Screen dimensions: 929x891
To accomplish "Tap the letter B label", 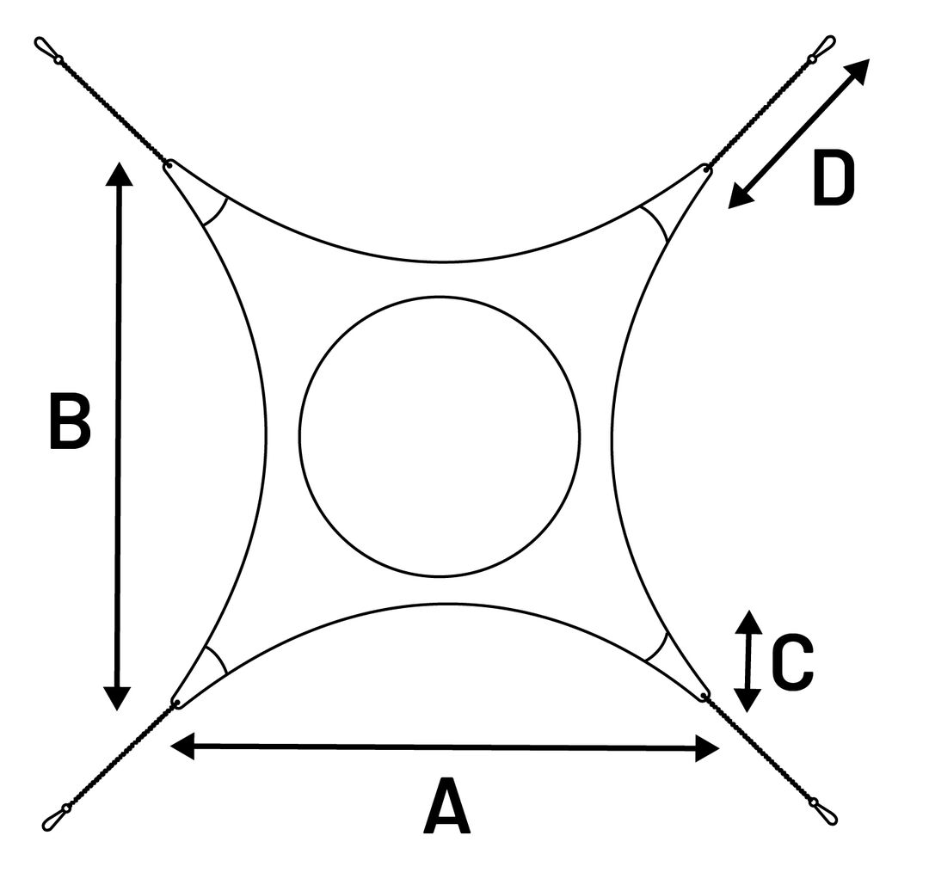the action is [70, 421].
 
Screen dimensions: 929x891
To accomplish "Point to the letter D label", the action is [834, 178].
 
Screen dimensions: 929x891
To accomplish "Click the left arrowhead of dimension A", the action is [181, 746].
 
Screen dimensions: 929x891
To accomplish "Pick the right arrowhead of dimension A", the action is [707, 748].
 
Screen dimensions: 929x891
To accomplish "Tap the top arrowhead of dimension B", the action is [119, 174].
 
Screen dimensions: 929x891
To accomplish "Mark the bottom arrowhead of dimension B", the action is [117, 698].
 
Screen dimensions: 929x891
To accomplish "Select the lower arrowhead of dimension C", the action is [748, 701].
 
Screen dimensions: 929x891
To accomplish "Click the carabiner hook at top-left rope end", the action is [47, 51].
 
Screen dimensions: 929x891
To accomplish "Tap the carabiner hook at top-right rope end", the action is [822, 48].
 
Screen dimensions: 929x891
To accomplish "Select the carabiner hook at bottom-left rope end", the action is [56, 817].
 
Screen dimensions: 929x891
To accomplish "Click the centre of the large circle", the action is [440, 436].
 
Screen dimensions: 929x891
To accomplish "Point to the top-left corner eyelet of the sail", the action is [169, 163].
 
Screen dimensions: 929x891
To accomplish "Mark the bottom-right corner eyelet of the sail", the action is [704, 694].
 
